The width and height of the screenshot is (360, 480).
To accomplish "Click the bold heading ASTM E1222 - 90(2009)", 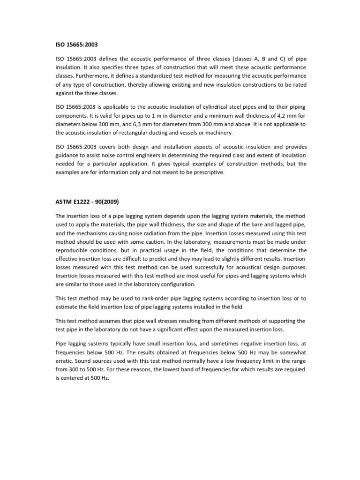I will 88,202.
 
